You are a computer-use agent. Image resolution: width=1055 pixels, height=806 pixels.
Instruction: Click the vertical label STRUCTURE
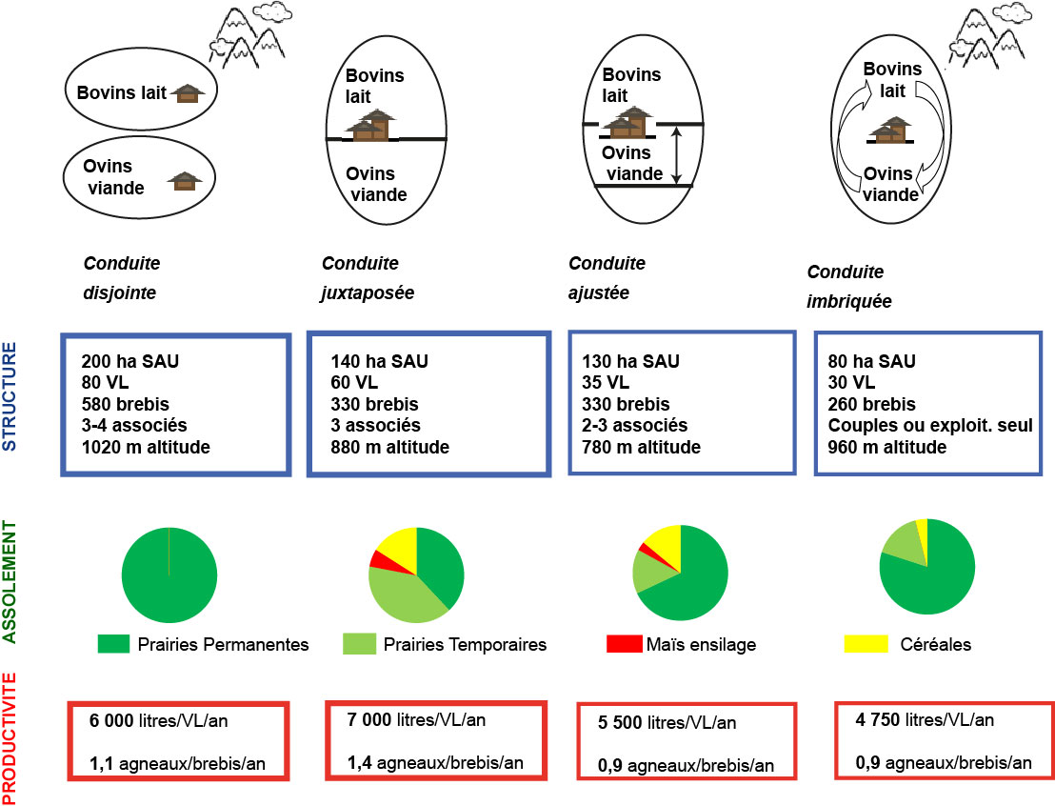click(x=10, y=397)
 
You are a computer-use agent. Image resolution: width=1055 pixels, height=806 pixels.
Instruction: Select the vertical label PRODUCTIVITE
click(x=10, y=737)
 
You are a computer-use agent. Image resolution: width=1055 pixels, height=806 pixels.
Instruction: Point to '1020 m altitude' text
click(x=150, y=447)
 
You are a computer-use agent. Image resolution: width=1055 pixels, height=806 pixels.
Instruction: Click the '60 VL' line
click(x=355, y=383)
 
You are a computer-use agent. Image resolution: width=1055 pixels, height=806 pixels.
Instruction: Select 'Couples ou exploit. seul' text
click(x=930, y=426)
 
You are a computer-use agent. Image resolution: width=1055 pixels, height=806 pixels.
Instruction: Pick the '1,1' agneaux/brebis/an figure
click(x=102, y=762)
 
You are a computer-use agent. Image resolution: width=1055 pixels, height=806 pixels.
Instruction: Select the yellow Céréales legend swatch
click(x=859, y=645)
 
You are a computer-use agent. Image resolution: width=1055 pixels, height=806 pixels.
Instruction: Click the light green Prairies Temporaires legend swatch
click(x=359, y=645)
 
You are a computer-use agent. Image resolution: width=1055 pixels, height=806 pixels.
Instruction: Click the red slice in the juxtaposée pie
click(x=382, y=559)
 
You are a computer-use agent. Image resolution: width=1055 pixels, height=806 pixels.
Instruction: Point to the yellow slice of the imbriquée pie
click(x=921, y=526)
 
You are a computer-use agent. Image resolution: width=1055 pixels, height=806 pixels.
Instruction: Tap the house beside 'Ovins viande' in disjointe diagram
click(x=185, y=180)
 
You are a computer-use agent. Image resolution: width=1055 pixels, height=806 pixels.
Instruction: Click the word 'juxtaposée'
click(x=367, y=292)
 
